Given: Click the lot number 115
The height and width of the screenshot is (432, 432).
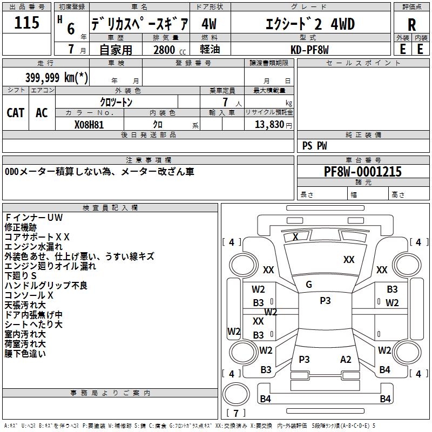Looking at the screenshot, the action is pyautogui.click(x=26, y=22).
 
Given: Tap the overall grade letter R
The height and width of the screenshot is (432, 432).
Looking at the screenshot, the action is pyautogui.click(x=411, y=25).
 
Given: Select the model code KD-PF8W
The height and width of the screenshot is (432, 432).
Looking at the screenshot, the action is pyautogui.click(x=309, y=50).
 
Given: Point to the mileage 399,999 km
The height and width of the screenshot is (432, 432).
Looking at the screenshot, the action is pyautogui.click(x=57, y=77).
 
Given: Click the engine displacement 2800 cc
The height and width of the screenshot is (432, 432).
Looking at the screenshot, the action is pyautogui.click(x=170, y=50).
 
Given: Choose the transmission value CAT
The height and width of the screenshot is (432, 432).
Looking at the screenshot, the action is pyautogui.click(x=16, y=113).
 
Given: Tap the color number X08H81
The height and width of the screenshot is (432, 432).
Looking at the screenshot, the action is pyautogui.click(x=89, y=125).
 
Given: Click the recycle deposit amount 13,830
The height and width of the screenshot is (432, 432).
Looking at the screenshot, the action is pyautogui.click(x=269, y=125).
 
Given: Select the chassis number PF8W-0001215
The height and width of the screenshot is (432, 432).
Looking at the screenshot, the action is pyautogui.click(x=363, y=172).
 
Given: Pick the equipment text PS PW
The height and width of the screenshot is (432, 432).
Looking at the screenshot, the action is pyautogui.click(x=315, y=146).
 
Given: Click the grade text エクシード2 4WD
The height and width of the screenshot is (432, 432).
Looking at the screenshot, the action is pyautogui.click(x=310, y=24).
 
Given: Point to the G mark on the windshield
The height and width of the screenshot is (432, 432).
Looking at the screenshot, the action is pyautogui.click(x=309, y=285).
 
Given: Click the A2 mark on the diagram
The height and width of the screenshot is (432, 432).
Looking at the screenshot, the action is pyautogui.click(x=346, y=360).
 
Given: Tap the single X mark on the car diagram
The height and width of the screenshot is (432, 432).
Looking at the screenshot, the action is pyautogui.click(x=295, y=237).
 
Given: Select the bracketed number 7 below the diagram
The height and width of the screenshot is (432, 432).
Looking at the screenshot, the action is pyautogui.click(x=236, y=413).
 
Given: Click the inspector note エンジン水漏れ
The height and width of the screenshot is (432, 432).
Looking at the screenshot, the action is pyautogui.click(x=33, y=247).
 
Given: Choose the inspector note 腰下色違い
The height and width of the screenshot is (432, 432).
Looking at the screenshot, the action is pyautogui.click(x=25, y=354).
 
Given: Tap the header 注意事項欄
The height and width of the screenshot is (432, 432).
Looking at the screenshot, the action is pyautogui.click(x=148, y=160).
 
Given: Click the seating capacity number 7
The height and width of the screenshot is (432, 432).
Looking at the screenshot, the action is pyautogui.click(x=225, y=102).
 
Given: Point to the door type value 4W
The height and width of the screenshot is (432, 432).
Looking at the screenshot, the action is pyautogui.click(x=209, y=24).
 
